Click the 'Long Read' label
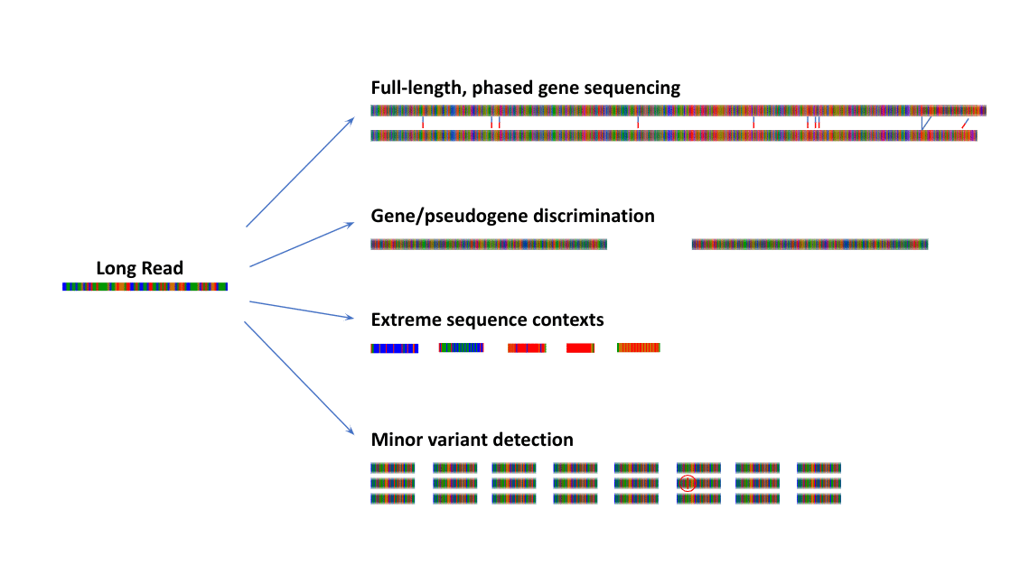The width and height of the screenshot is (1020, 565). [x=140, y=268]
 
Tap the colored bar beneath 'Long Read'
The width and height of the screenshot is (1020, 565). [x=145, y=286]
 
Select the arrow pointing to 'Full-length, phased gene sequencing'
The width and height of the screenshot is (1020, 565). [x=299, y=171]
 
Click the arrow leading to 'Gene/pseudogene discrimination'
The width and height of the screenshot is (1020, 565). [x=301, y=244]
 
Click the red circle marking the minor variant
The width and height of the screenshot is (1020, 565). [x=688, y=484]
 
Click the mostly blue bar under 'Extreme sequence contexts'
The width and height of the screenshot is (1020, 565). [x=395, y=348]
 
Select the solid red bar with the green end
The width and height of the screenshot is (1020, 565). [x=580, y=348]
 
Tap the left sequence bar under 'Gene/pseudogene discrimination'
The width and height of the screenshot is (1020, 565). [x=489, y=245]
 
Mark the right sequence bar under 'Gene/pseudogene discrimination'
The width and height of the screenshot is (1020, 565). [x=809, y=245]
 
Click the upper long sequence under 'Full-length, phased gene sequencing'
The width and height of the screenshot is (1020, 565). [x=678, y=110]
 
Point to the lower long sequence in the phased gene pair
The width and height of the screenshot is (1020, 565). [x=674, y=135]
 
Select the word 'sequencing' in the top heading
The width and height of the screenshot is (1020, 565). [x=632, y=88]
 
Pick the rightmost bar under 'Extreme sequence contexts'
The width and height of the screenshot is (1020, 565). [x=639, y=348]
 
